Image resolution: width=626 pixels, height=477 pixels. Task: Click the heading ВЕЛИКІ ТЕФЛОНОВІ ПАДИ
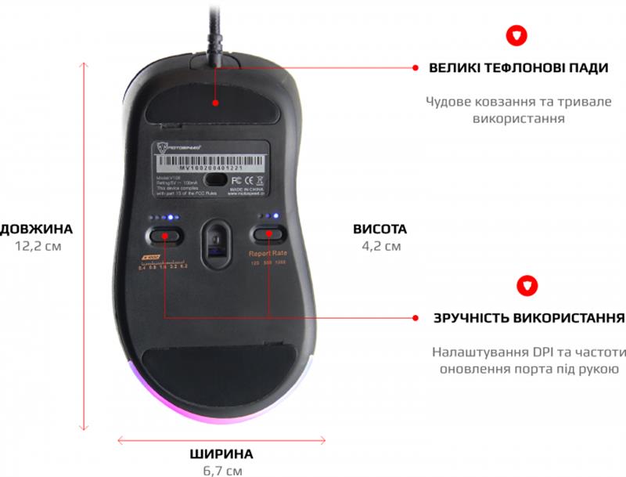519,68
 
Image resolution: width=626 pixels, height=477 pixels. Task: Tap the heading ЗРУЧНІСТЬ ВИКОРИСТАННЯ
529,319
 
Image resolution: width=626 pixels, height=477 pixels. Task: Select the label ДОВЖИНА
37,229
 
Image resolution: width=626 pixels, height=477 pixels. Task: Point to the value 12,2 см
38,246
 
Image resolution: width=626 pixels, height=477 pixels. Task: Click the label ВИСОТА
380,229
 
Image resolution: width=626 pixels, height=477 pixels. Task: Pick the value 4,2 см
380,246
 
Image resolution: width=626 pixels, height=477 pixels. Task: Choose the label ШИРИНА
221,454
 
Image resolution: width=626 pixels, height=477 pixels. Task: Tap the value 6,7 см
221,471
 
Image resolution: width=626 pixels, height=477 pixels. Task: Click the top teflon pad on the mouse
217,99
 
